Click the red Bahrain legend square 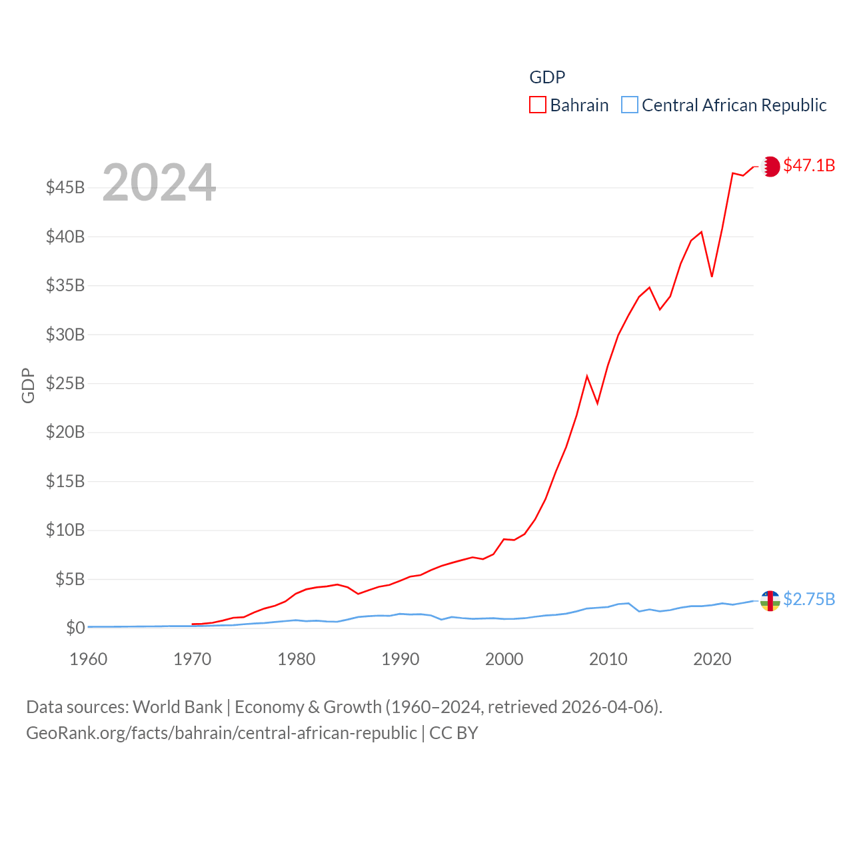[x=538, y=105]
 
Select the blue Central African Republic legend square [x=630, y=105]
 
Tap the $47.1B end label [x=809, y=165]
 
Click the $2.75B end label [x=809, y=599]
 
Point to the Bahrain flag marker [x=771, y=167]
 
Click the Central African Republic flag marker [x=770, y=600]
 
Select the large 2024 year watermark [x=159, y=183]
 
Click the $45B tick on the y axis [x=65, y=187]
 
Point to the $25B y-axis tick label [x=65, y=383]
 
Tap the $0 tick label [x=75, y=628]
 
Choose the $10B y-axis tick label [x=65, y=530]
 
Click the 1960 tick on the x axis [x=89, y=659]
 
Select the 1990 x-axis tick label [x=401, y=659]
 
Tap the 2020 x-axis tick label [x=712, y=659]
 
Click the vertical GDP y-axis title [x=28, y=385]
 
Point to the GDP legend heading [x=547, y=77]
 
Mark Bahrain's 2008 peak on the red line [x=587, y=377]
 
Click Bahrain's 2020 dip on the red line [x=712, y=276]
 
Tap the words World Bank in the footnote [x=178, y=706]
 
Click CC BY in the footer [x=454, y=733]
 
